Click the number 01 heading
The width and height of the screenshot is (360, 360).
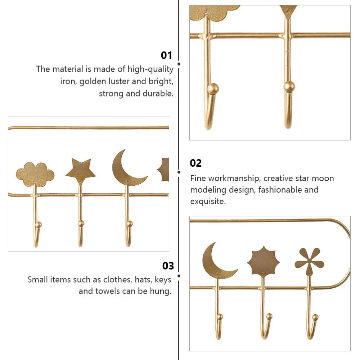pyautogui.click(x=166, y=55)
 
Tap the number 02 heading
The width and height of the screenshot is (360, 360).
pyautogui.click(x=196, y=163)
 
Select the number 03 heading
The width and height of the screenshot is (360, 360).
pyautogui.click(x=168, y=266)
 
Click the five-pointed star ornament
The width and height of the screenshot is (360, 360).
pyautogui.click(x=81, y=171)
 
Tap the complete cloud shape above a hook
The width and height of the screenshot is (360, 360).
pyautogui.click(x=35, y=174)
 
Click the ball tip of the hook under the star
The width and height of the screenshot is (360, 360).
pyautogui.click(x=81, y=224)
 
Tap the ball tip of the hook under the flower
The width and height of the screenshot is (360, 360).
pyautogui.click(x=315, y=317)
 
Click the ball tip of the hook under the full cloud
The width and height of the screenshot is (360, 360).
pyautogui.click(x=39, y=225)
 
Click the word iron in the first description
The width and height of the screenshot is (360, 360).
pyautogui.click(x=68, y=81)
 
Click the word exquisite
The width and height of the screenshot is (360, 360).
pyautogui.click(x=208, y=201)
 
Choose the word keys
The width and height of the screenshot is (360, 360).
pyautogui.click(x=162, y=279)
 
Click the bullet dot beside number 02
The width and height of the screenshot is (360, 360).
pyautogui.click(x=179, y=172)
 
